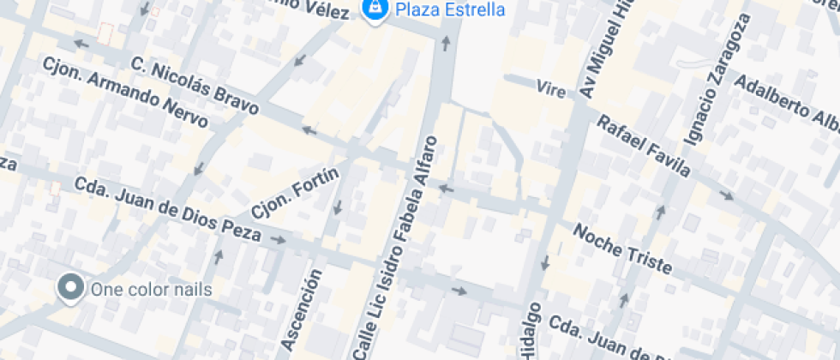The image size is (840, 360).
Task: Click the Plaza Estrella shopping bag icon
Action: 374,10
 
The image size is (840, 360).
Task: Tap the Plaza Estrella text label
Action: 449,10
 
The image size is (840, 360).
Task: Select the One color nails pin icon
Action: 69,287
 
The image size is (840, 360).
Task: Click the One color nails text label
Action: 151,289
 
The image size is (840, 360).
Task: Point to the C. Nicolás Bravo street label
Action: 195,86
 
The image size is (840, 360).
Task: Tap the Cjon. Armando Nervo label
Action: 125,92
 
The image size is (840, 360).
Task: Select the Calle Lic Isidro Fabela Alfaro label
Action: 400,248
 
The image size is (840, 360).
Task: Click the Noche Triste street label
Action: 622,249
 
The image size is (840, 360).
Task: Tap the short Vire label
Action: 550,88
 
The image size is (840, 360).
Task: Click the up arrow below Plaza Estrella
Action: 446,42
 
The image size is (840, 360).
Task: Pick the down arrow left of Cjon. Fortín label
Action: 338,207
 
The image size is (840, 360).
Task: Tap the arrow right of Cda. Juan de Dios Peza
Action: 278,240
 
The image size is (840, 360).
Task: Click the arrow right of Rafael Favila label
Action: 727,195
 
